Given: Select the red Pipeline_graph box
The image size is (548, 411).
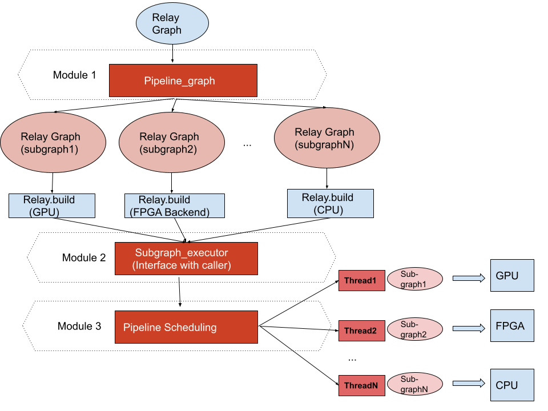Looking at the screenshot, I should click(183, 80).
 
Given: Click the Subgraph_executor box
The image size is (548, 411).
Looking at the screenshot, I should click(186, 258).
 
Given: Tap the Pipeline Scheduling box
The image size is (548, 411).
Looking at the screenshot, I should click(186, 327).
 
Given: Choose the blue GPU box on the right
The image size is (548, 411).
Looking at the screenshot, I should click(512, 276).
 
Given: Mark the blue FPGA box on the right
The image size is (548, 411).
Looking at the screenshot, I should click(512, 326).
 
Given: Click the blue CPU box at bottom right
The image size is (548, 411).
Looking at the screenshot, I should click(512, 385).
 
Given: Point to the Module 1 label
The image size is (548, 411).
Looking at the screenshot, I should click(75, 75).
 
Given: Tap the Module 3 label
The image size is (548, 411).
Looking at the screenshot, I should click(79, 327).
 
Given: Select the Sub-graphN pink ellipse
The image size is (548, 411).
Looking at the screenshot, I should click(414, 384).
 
